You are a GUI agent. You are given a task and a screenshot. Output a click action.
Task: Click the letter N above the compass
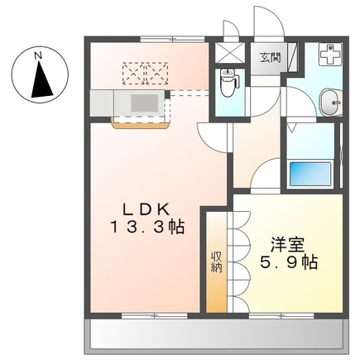coord(38,55)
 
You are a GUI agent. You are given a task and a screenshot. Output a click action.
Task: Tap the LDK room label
coord(146,211)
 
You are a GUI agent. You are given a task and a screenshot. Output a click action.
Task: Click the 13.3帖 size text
coord(147,227)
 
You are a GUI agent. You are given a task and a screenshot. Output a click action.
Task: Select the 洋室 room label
coord(287,245)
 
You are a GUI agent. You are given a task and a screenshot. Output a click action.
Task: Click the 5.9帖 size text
coord(289,262)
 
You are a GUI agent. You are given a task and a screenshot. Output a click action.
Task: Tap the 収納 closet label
coord(217,262)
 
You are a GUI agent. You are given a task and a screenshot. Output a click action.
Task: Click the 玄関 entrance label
coord(270,58)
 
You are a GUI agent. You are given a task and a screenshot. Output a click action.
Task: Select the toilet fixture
coord(230,82)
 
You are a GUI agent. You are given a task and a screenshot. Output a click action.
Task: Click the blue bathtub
coord(310,174)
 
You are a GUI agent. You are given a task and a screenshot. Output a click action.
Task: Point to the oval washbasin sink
coord(330,103)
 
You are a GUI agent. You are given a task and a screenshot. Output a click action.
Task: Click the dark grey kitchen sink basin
coord(144,103)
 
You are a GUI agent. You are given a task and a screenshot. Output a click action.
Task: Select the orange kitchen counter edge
coord(140,125)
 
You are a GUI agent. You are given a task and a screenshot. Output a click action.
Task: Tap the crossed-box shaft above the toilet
coord(230,54)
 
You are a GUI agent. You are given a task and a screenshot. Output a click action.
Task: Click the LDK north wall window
coord(172,39)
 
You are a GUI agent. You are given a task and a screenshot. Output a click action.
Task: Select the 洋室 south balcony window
coord(281,315)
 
